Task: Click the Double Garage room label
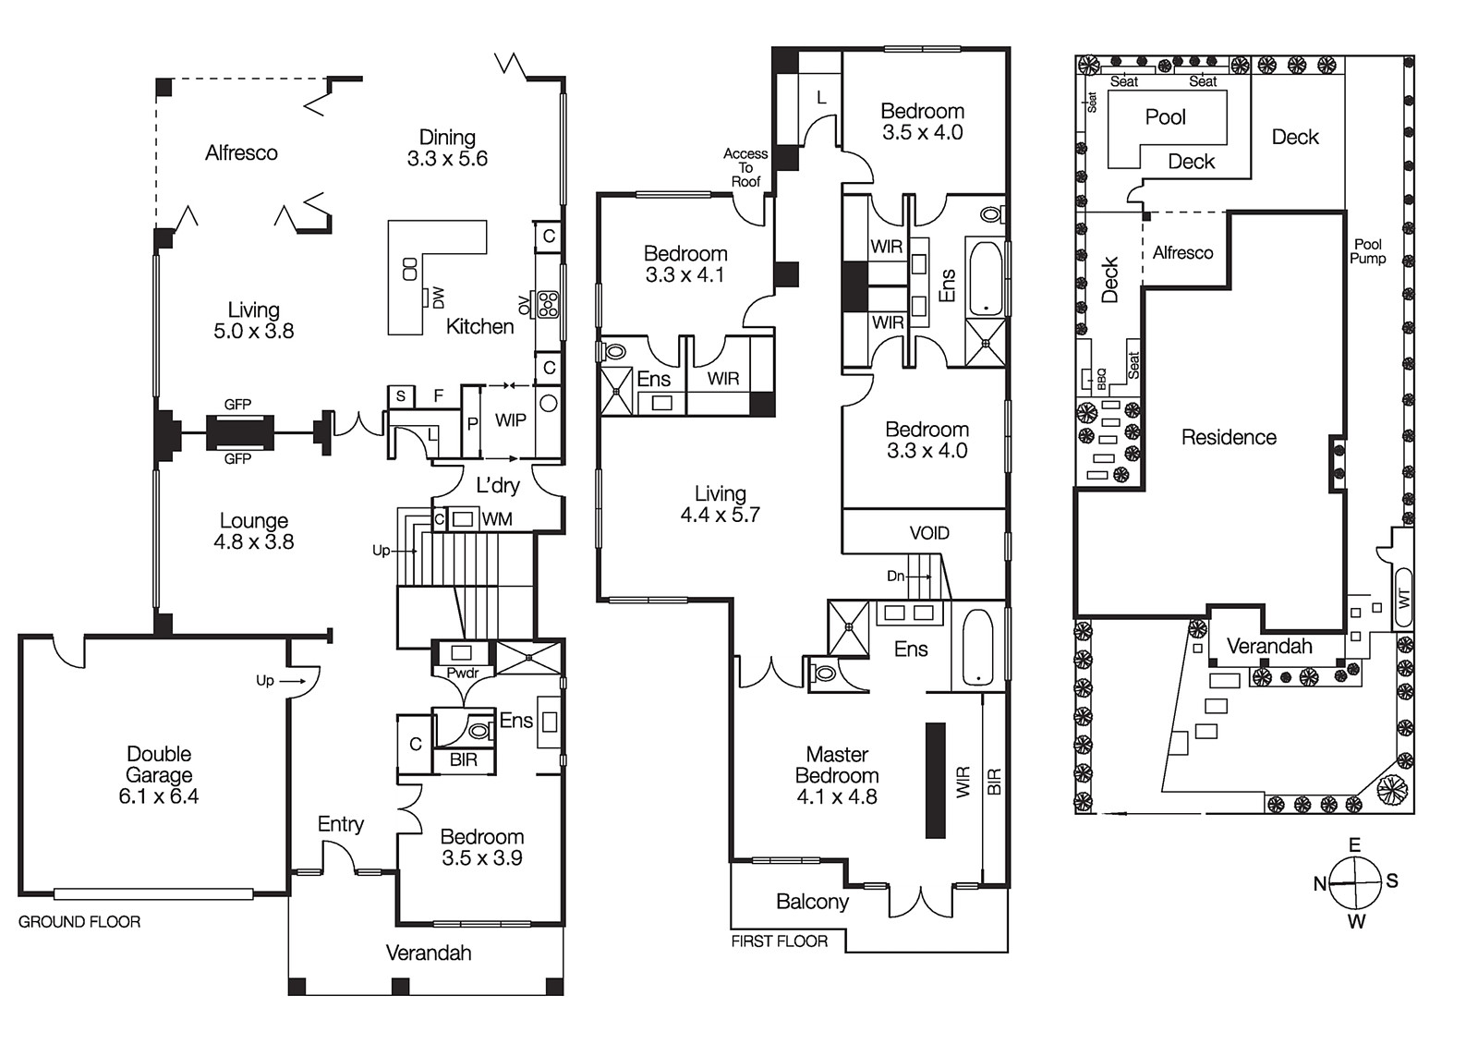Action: click(x=159, y=775)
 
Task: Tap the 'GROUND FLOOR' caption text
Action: click(x=79, y=922)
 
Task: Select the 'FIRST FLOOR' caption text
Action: click(x=779, y=941)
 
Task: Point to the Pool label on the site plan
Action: click(x=1165, y=117)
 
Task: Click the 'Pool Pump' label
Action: click(x=1367, y=251)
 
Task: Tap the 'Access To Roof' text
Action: click(x=745, y=167)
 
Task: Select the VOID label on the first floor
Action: click(x=928, y=533)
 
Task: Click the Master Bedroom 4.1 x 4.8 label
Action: click(x=837, y=775)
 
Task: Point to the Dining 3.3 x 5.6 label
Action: click(x=447, y=148)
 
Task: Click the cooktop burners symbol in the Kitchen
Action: click(x=548, y=304)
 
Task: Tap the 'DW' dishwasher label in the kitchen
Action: click(x=438, y=297)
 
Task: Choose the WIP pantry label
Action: click(x=510, y=420)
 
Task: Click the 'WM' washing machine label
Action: click(x=497, y=519)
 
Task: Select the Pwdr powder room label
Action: click(x=462, y=673)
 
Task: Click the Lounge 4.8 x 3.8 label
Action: click(x=254, y=531)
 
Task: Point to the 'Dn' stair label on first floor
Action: click(x=895, y=576)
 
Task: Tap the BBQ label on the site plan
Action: click(x=1100, y=377)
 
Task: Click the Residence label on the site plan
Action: click(x=1229, y=437)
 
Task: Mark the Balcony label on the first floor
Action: click(x=812, y=902)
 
